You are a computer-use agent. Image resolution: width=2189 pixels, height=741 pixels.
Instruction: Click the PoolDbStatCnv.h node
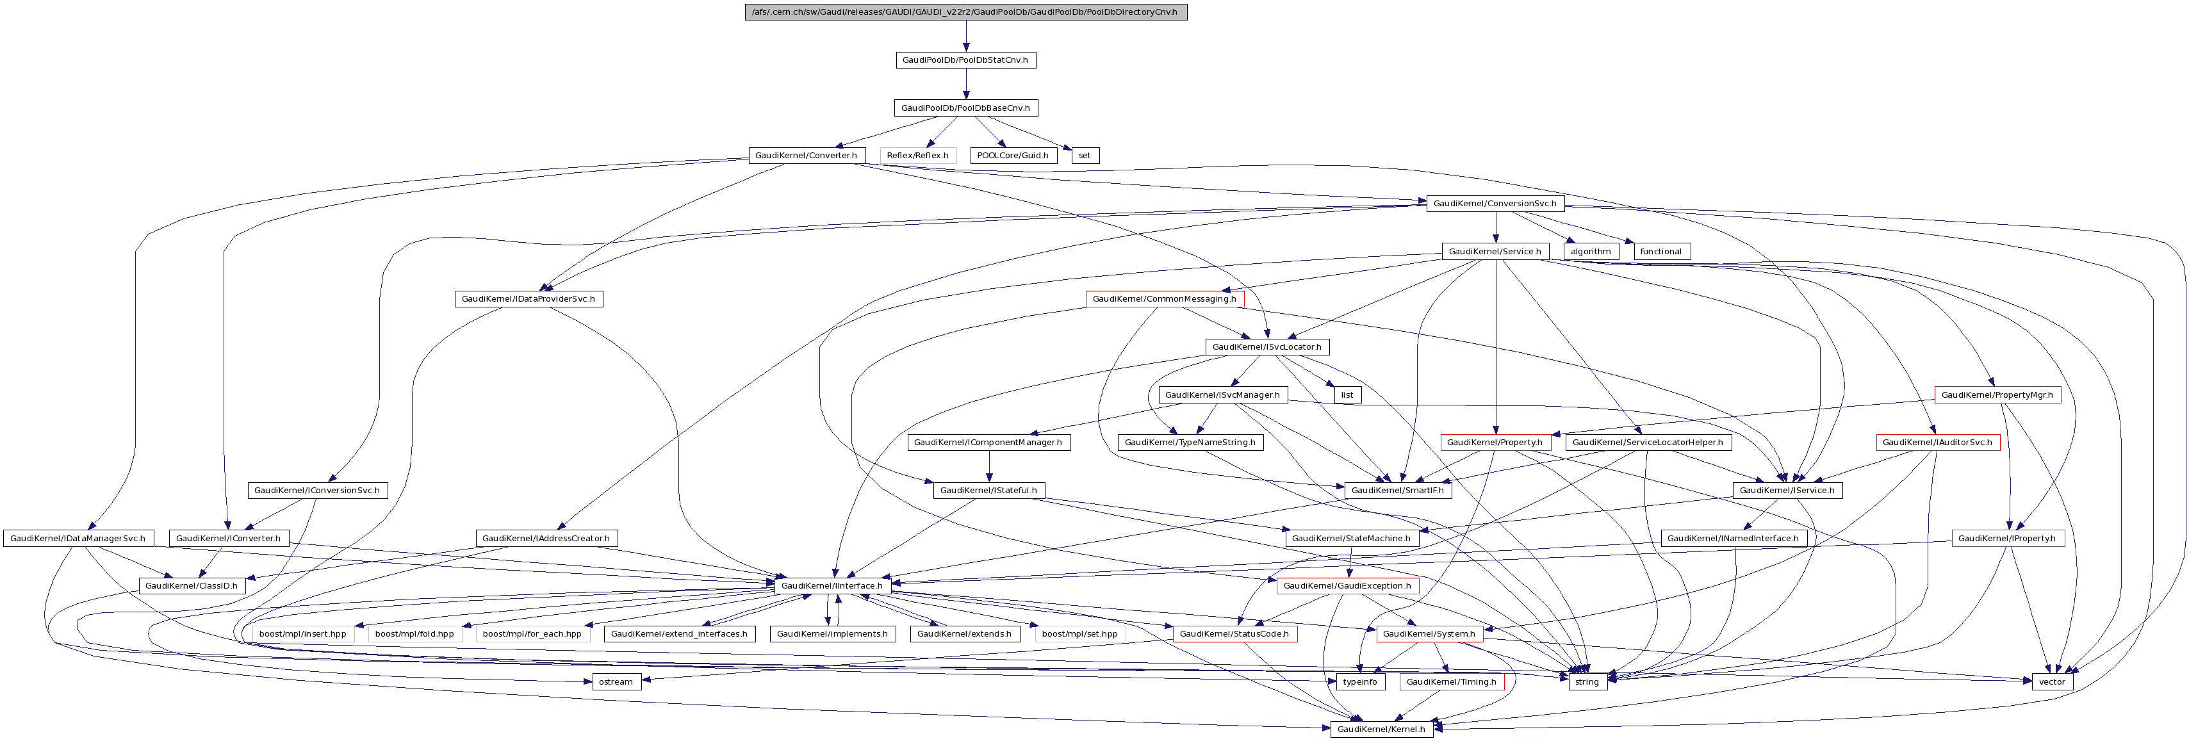point(965,60)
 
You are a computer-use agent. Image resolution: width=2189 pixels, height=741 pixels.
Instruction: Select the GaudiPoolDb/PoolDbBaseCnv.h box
point(965,108)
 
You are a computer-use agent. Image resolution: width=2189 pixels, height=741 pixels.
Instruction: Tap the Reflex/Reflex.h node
point(918,156)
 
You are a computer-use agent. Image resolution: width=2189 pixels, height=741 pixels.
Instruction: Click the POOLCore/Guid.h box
point(1013,156)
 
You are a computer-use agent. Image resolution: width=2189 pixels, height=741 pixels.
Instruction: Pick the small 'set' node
point(1085,156)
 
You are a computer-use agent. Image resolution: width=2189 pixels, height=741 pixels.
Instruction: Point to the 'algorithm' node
point(1591,252)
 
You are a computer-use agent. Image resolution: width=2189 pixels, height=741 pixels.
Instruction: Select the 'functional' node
point(1660,252)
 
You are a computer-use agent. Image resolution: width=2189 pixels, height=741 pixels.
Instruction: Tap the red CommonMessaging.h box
point(1164,299)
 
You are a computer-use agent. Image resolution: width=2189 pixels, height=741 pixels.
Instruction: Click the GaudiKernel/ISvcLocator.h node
point(1266,346)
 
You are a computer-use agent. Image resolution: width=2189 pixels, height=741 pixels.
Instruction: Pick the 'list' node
point(1347,395)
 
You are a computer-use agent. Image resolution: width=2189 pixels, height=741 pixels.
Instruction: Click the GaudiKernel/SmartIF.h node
point(1397,491)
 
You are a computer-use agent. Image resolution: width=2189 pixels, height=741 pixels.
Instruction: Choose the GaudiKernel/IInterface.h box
point(832,585)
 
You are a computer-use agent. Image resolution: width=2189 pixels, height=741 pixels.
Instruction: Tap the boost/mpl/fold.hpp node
point(414,634)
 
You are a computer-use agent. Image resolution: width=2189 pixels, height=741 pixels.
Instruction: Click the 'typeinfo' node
point(1359,681)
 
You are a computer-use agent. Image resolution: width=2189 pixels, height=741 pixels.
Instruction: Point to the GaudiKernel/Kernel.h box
point(1381,729)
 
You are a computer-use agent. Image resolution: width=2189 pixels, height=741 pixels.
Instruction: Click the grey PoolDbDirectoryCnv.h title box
point(965,12)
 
